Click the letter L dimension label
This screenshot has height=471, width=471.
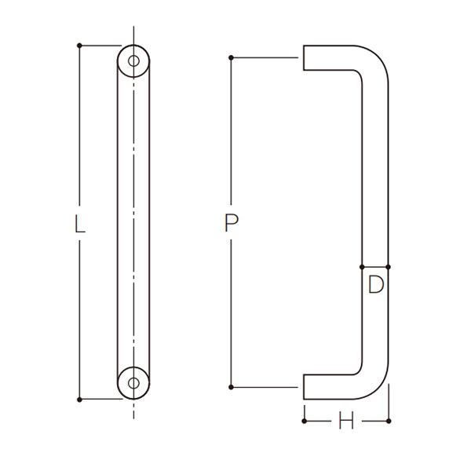(79, 225)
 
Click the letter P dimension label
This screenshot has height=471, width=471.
(232, 223)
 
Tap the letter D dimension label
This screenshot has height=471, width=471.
(376, 284)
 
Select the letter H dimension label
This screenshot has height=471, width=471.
(346, 421)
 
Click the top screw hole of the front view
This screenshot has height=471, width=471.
(133, 61)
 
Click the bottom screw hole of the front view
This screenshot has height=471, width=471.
(133, 383)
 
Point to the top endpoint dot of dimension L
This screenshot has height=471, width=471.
(79, 46)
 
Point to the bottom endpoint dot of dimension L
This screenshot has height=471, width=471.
(79, 400)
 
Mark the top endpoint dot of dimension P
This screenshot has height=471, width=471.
(231, 57)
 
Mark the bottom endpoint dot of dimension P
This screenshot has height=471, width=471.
(231, 387)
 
